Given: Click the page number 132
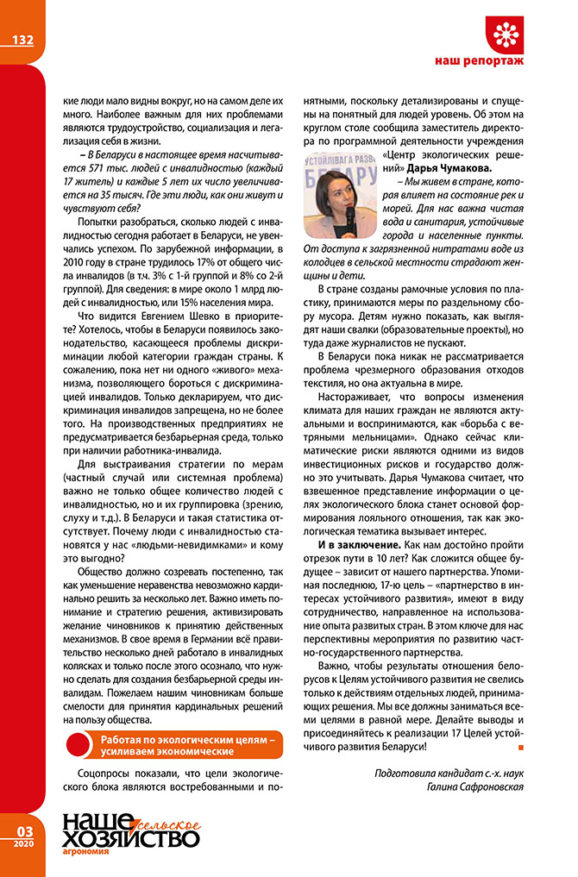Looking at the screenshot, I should pos(22,40).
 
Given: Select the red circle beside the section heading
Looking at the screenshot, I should pos(79,745).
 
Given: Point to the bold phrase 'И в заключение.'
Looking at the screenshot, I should pos(358,545).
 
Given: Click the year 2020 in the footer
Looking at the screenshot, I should pos(22,844).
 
